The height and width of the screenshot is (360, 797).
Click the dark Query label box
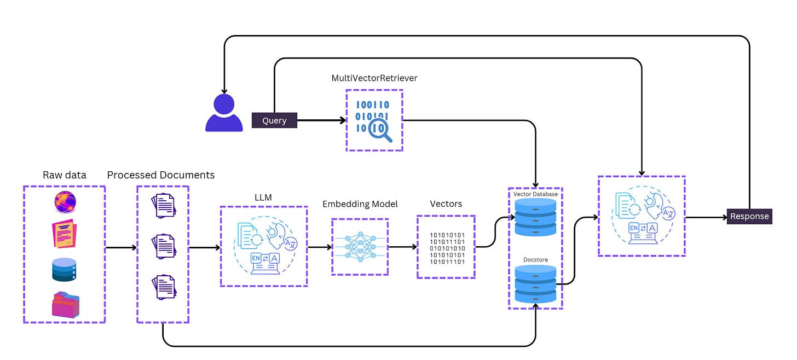click(274, 120)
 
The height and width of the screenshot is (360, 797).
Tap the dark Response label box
click(749, 216)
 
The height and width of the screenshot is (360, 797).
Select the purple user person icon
click(224, 113)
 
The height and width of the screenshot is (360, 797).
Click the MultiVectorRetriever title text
click(374, 78)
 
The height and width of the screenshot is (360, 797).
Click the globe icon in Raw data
click(65, 202)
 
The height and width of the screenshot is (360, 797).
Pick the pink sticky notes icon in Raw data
click(65, 234)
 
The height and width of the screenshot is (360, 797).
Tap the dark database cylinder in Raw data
click(64, 270)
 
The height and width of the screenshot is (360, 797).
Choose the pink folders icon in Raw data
click(66, 305)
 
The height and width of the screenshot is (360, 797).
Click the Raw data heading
click(65, 175)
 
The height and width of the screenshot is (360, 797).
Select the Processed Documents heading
click(161, 175)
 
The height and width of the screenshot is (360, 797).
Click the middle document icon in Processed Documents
click(164, 246)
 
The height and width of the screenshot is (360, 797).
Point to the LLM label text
click(263, 198)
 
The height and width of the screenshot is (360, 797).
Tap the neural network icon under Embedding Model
click(360, 247)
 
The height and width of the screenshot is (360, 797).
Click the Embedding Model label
click(360, 204)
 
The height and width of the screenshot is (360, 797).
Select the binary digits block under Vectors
click(447, 248)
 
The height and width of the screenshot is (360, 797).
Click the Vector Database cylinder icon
click(535, 217)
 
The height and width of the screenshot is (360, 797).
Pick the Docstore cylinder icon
click(535, 284)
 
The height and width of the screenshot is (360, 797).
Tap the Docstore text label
click(535, 260)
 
